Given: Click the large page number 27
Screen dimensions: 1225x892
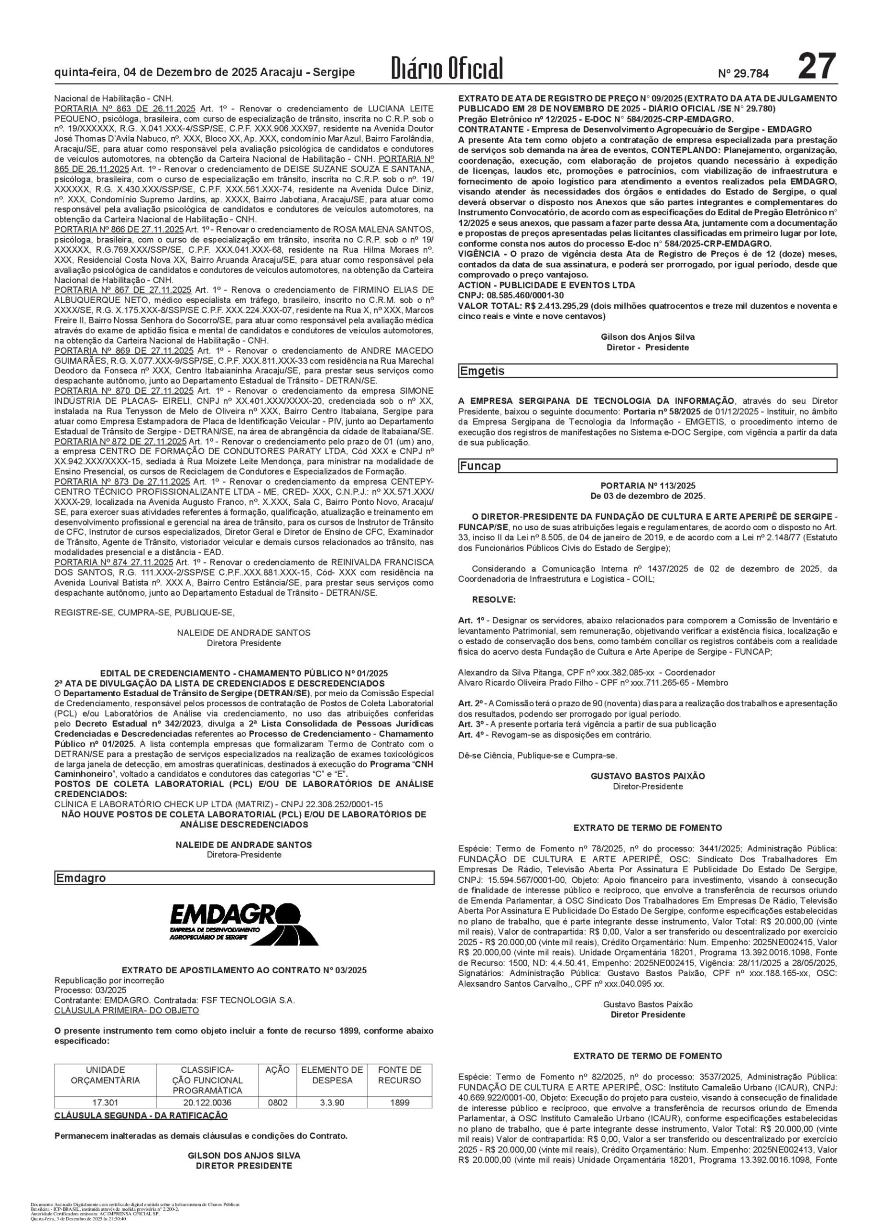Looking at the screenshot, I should click(x=816, y=67).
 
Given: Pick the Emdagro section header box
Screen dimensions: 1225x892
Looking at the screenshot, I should click(x=244, y=878).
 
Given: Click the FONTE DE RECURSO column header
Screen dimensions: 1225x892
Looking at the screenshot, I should click(x=400, y=1076).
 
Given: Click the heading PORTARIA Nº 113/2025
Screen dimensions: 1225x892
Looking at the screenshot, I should click(x=647, y=486).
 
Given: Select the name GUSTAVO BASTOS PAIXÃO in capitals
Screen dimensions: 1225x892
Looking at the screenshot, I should click(x=647, y=776).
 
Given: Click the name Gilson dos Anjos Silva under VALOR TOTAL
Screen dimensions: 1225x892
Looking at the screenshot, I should click(x=647, y=337).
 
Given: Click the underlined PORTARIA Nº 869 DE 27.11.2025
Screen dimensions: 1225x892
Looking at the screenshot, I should click(x=124, y=351).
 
